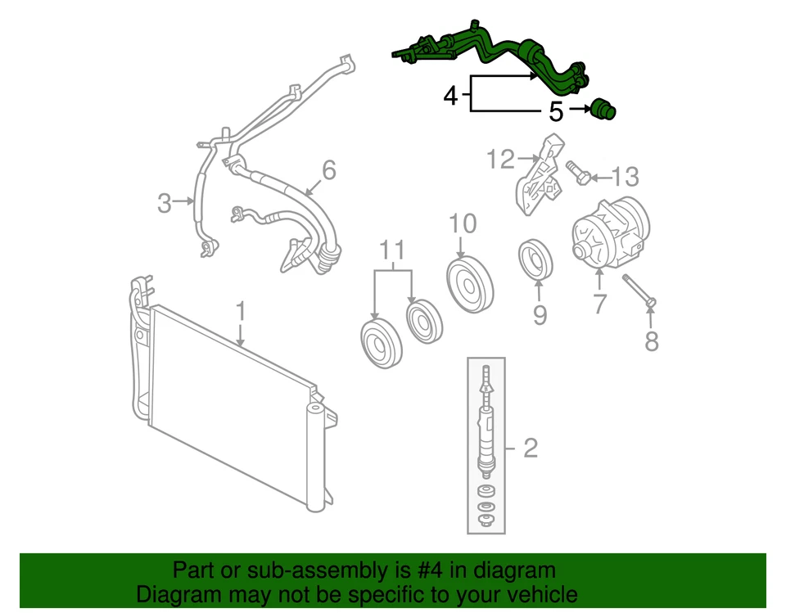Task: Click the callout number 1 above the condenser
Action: pyautogui.click(x=241, y=312)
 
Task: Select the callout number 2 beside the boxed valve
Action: pyautogui.click(x=530, y=448)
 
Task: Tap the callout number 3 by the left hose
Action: pyautogui.click(x=165, y=202)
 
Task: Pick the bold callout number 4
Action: pyautogui.click(x=450, y=96)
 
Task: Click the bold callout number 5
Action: pyautogui.click(x=556, y=111)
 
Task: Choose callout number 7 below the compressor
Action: pyautogui.click(x=599, y=304)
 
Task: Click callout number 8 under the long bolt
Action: pyautogui.click(x=651, y=340)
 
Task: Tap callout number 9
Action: pyautogui.click(x=539, y=314)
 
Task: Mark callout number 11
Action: pyautogui.click(x=392, y=249)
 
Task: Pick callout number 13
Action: pyautogui.click(x=625, y=176)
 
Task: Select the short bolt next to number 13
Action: pyautogui.click(x=578, y=173)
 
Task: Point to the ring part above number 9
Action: pyautogui.click(x=536, y=260)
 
